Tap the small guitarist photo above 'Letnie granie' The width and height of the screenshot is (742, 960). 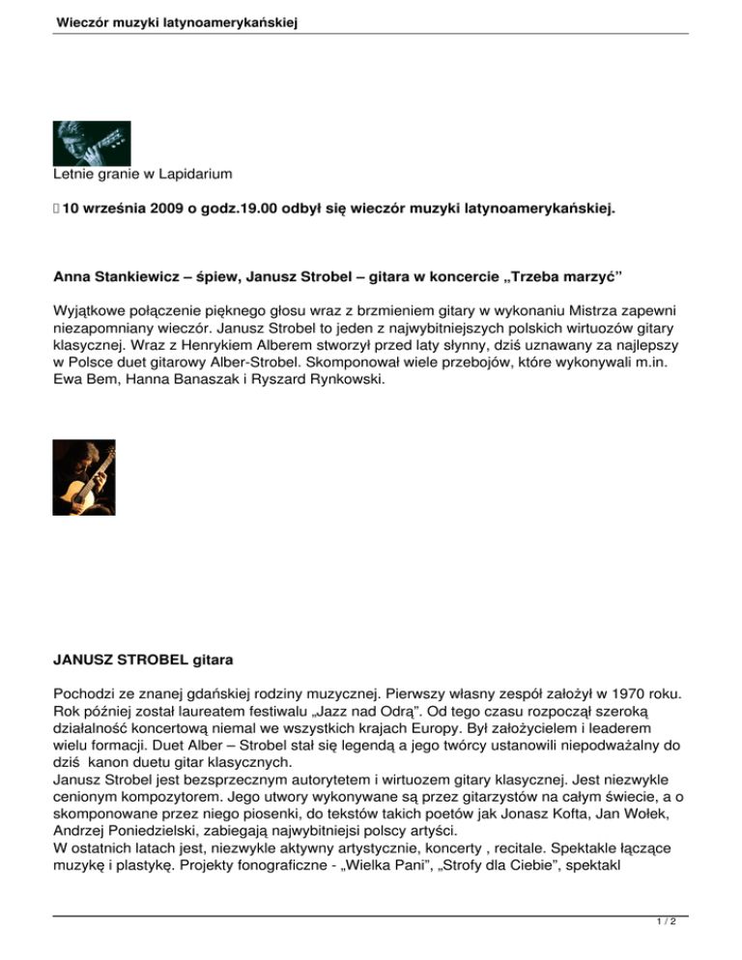pos(92,143)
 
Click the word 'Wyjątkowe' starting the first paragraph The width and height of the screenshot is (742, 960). pos(95,314)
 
